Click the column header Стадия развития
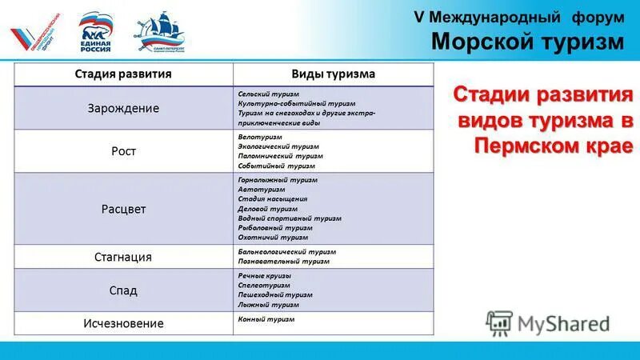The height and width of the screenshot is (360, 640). coord(123,74)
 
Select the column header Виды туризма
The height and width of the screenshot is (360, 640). coord(334,74)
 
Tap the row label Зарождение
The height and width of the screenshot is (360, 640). coord(123,108)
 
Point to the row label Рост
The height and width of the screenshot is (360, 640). coord(123,150)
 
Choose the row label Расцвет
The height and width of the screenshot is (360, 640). coord(123,209)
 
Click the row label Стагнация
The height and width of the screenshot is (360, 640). coord(123,257)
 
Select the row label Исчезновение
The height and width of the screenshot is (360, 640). coord(123,323)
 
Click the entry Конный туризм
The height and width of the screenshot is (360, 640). coord(266,319)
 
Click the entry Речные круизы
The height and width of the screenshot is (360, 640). coord(265,276)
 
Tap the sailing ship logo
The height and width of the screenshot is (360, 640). coord(159,33)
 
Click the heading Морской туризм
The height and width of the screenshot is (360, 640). coord(527,41)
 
